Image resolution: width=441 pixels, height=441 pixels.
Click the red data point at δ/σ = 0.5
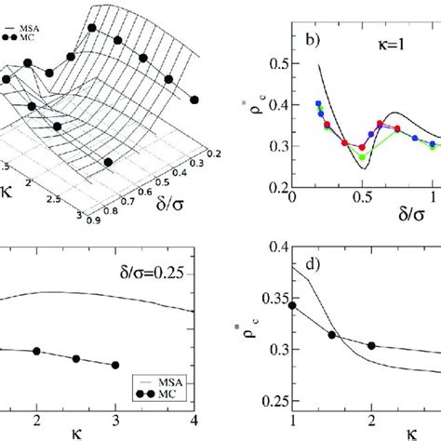[363, 147]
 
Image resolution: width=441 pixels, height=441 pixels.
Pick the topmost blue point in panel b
[318, 104]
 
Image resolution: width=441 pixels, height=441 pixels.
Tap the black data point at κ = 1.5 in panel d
[332, 335]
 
